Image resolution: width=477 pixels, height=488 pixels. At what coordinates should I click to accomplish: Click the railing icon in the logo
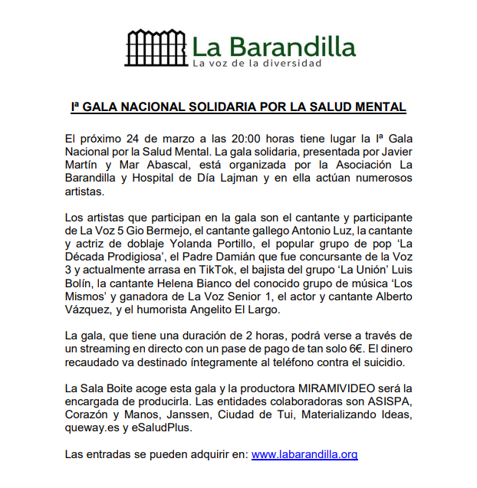point(155,47)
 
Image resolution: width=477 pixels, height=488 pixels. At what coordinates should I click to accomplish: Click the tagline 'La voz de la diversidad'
point(257,63)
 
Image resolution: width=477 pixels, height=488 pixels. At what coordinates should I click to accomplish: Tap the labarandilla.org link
point(304,454)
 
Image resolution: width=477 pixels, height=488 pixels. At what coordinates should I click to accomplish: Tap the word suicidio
point(390,362)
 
